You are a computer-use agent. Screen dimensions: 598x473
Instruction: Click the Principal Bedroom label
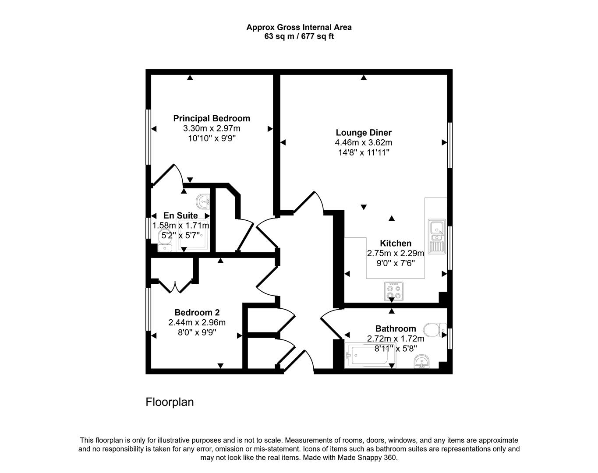pyautogui.click(x=212, y=118)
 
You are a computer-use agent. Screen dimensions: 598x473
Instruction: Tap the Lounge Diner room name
pyautogui.click(x=364, y=133)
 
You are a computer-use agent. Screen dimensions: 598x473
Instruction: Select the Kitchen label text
pyautogui.click(x=396, y=243)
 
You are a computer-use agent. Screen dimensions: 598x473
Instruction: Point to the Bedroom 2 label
pyautogui.click(x=197, y=312)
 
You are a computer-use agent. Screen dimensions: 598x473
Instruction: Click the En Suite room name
pyautogui.click(x=180, y=215)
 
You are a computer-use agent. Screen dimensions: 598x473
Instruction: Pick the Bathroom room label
pyautogui.click(x=396, y=328)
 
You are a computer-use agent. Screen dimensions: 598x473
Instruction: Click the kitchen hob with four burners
pyautogui.click(x=393, y=292)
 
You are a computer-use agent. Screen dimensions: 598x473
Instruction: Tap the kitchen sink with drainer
pyautogui.click(x=437, y=236)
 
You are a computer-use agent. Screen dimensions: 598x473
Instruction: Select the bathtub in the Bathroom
pyautogui.click(x=370, y=356)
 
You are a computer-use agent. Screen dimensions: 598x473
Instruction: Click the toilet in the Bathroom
pyautogui.click(x=435, y=330)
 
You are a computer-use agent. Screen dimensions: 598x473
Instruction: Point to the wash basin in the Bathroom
pyautogui.click(x=421, y=362)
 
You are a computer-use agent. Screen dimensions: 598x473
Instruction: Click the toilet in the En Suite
pyautogui.click(x=165, y=241)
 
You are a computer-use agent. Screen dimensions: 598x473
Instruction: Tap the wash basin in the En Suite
pyautogui.click(x=203, y=201)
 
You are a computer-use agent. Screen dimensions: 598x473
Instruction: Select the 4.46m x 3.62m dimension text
pyautogui.click(x=364, y=143)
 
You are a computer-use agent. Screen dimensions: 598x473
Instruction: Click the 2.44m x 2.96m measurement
pyautogui.click(x=197, y=322)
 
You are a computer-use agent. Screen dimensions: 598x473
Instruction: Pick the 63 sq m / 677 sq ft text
pyautogui.click(x=299, y=36)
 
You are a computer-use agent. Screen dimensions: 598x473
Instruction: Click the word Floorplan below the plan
pyautogui.click(x=170, y=402)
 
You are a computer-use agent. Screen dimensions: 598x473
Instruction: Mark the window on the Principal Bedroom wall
pyautogui.click(x=149, y=137)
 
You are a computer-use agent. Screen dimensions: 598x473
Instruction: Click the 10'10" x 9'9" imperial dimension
pyautogui.click(x=212, y=138)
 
